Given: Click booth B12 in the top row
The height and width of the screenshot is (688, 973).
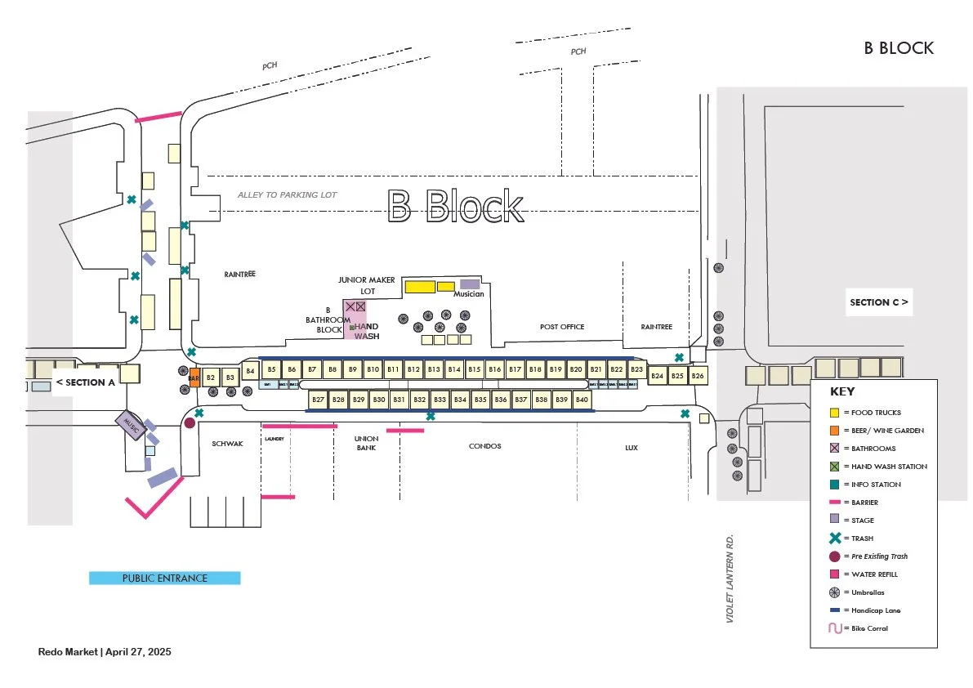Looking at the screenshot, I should click(413, 369).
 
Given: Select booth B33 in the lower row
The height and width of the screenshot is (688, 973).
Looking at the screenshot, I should click(440, 400).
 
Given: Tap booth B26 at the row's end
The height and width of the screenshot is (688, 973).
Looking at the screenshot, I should click(698, 376).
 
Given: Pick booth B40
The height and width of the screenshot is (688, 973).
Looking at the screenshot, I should click(582, 400).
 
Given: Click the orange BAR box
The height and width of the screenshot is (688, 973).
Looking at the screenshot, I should click(194, 378).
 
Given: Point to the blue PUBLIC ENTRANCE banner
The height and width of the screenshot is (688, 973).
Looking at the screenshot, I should click(165, 579).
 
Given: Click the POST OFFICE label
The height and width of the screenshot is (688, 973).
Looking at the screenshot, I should click(562, 327).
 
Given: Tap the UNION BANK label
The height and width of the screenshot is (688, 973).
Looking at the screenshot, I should click(366, 443).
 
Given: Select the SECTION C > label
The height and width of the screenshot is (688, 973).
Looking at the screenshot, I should click(878, 302).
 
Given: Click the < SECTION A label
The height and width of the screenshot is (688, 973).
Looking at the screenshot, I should click(84, 382).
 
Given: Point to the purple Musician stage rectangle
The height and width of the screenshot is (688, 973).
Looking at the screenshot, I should click(470, 284).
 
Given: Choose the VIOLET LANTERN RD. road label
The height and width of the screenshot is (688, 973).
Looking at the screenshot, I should click(731, 580).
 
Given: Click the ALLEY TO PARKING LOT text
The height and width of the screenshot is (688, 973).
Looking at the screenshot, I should click(287, 195).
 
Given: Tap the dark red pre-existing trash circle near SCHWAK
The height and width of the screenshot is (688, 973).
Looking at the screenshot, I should click(190, 423).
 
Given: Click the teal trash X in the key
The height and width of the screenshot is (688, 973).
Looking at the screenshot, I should click(834, 538).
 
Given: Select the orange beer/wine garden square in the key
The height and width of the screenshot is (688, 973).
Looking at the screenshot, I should click(834, 431).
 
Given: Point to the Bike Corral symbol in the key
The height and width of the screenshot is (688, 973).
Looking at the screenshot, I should click(834, 628).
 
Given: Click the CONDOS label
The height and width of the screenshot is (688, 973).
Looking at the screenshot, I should click(484, 446).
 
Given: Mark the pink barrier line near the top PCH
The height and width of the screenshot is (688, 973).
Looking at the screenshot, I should click(158, 118).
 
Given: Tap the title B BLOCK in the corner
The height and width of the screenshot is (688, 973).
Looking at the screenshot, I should click(899, 48).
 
